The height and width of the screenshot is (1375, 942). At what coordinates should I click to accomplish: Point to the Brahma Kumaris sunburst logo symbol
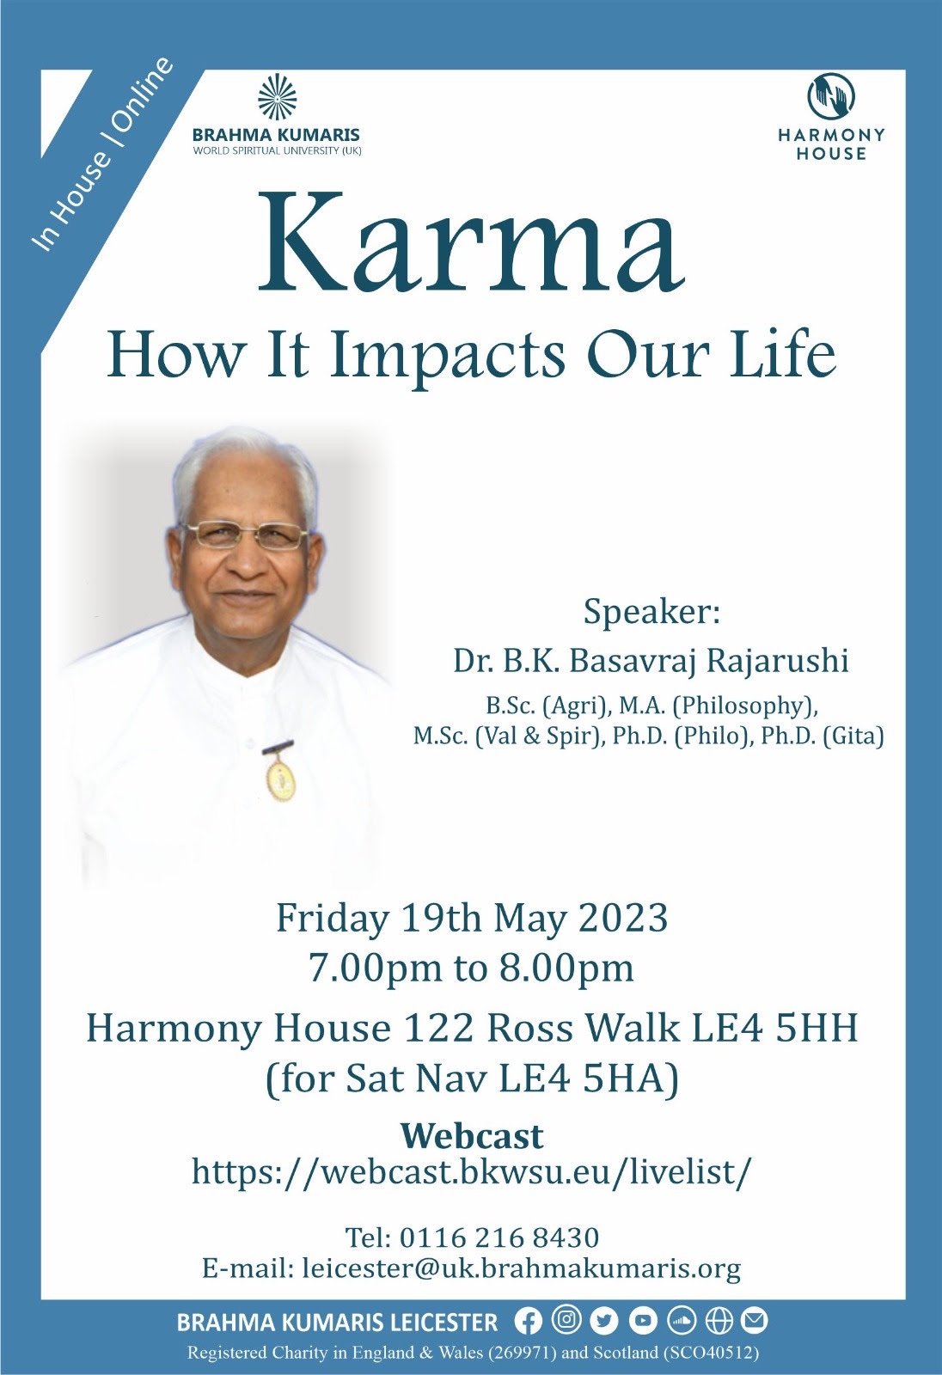(277, 98)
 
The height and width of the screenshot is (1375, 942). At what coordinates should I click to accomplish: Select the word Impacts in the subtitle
(447, 357)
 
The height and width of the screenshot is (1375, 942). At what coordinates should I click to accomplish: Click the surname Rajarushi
(778, 662)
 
